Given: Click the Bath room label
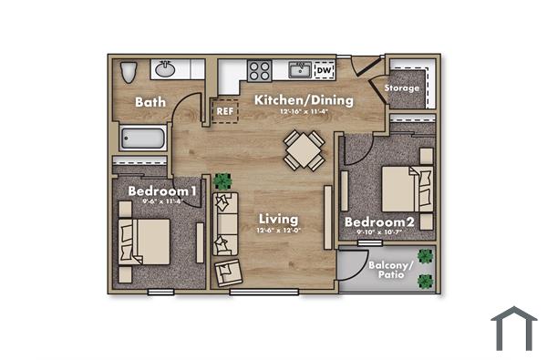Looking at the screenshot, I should point(150,102).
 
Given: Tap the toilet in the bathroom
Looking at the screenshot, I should point(129,71).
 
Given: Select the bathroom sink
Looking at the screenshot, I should point(166,69).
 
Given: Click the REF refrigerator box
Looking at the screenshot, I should point(224,111).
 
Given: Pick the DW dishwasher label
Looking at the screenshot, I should point(324,70).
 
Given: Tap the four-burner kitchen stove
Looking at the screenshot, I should point(260,70).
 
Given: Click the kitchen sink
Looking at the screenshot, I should point(298,69).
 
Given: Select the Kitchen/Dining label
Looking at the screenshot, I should point(303,101).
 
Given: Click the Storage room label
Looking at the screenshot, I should point(402,88).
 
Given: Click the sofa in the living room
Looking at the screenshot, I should point(224,223).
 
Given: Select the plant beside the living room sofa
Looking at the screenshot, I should point(223,182).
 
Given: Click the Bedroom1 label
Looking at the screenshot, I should point(162,191).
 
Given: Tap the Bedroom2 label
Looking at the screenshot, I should point(379,221).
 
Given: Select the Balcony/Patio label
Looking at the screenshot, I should point(391,270).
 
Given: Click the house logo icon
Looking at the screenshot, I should point(514,328).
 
